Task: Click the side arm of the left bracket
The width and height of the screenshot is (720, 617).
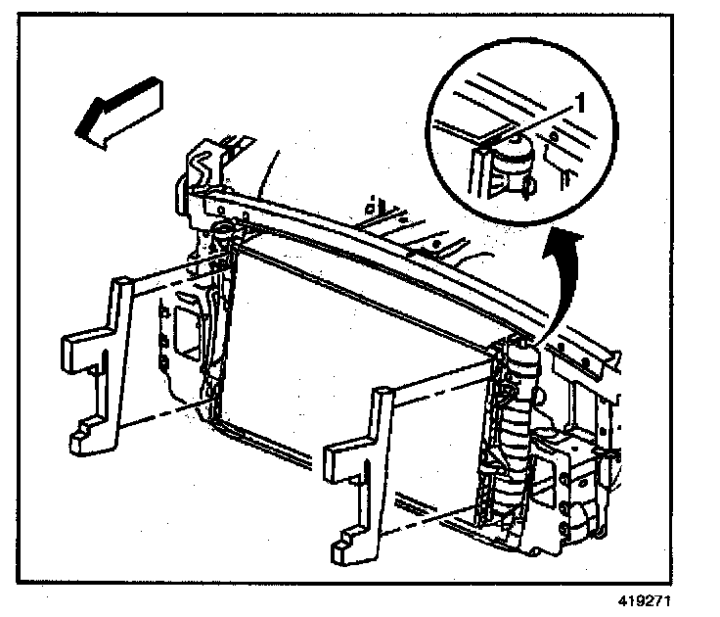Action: pyautogui.click(x=78, y=348)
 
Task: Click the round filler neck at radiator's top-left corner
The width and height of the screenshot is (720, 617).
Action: pyautogui.click(x=221, y=233)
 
